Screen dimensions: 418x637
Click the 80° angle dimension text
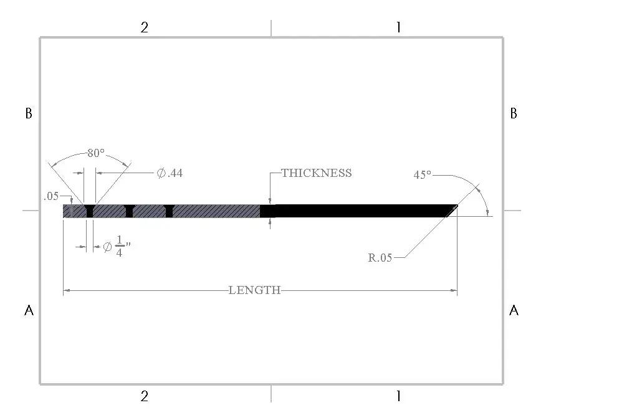pos(95,153)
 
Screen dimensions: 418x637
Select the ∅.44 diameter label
pos(170,173)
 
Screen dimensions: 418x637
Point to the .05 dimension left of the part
pos(51,196)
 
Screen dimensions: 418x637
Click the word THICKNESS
pos(317,173)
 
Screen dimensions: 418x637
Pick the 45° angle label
pos(422,175)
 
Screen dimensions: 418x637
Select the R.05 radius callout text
pos(380,257)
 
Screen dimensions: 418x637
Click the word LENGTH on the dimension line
pos(254,290)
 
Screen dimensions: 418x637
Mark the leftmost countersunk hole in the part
pos(90,211)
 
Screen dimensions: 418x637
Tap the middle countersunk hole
pos(130,211)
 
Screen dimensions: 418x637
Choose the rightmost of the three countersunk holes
pos(169,211)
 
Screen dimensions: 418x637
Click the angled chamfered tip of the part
pos(451,211)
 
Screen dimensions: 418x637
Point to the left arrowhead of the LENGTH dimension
pos(66,290)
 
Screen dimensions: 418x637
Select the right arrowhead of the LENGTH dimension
pos(454,290)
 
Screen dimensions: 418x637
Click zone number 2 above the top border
pos(145,27)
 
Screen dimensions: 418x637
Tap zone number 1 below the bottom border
pos(398,396)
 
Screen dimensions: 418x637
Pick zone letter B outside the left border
pos(28,113)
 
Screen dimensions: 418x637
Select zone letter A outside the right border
pos(514,310)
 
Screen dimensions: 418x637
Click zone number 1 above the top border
pos(398,27)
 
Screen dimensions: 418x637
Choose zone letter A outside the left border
pos(28,310)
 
